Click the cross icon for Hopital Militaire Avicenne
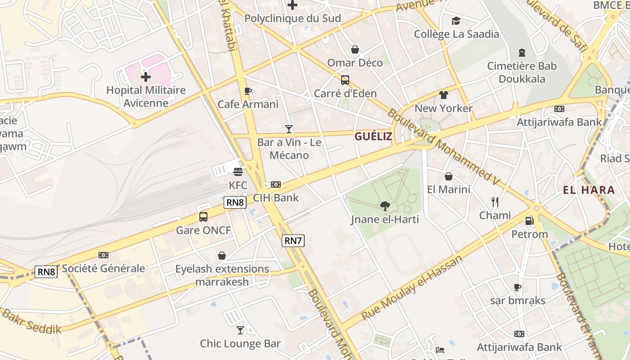[146, 77]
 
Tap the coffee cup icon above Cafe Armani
[247, 91]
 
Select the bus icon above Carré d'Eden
[345, 80]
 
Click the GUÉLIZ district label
[373, 137]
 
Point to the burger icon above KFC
[238, 171]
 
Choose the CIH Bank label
[276, 198]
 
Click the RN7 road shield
[293, 241]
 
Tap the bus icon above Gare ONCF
[203, 217]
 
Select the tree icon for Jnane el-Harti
[385, 206]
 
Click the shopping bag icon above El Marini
[448, 176]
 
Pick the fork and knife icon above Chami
[495, 202]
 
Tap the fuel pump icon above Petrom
[530, 221]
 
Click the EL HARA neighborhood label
[589, 190]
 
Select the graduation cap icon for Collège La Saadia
[456, 21]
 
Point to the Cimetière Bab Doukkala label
[522, 72]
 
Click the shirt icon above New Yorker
[444, 95]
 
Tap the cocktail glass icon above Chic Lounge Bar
[240, 330]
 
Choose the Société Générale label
[103, 269]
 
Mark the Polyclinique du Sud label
[292, 18]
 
